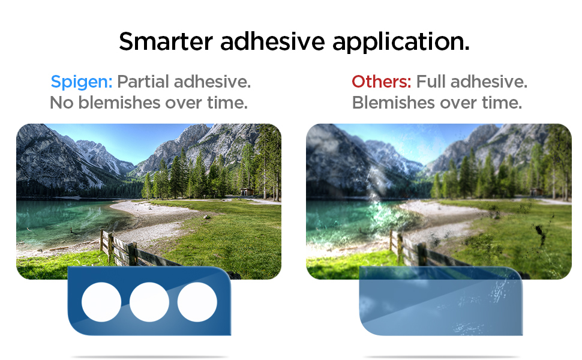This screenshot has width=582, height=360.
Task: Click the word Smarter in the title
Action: coord(166,41)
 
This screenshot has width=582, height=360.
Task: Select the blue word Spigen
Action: coord(81,82)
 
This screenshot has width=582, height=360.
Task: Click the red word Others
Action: coord(381,82)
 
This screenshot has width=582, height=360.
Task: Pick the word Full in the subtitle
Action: coord(431,82)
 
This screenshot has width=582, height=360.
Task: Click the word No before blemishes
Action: coord(61,103)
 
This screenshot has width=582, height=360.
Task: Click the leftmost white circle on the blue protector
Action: coord(101,302)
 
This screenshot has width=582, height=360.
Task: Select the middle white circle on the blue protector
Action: coord(149,302)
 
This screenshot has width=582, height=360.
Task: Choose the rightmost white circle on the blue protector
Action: coord(197,302)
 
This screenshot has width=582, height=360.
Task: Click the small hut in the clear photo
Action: coord(247,192)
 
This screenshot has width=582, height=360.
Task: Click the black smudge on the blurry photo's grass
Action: coord(539,234)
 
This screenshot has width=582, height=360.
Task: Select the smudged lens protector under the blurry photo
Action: coord(441,301)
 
